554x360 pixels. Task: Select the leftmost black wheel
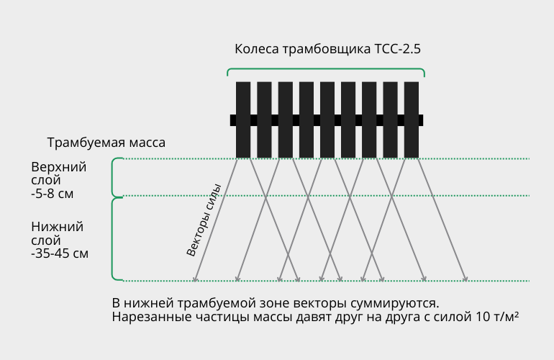(x=243, y=120)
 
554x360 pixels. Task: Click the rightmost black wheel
(x=412, y=120)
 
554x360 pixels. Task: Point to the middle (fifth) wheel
(x=327, y=120)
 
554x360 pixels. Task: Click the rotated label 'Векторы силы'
(x=204, y=220)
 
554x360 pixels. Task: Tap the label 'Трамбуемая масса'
(x=106, y=143)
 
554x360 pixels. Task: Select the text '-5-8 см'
(x=53, y=194)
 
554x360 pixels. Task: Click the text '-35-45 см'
(x=60, y=253)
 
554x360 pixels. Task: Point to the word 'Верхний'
(x=59, y=167)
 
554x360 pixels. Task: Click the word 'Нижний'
(x=58, y=227)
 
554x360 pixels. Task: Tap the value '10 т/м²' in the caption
(x=497, y=317)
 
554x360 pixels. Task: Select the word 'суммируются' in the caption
(x=394, y=303)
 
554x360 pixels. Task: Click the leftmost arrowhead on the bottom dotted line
(x=195, y=279)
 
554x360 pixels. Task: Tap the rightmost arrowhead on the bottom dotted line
(x=466, y=279)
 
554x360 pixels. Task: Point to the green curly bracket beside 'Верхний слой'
(x=113, y=178)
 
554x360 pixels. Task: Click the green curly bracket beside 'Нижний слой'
(x=113, y=240)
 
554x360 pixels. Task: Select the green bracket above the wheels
(x=326, y=69)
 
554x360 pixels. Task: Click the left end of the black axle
(x=231, y=120)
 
